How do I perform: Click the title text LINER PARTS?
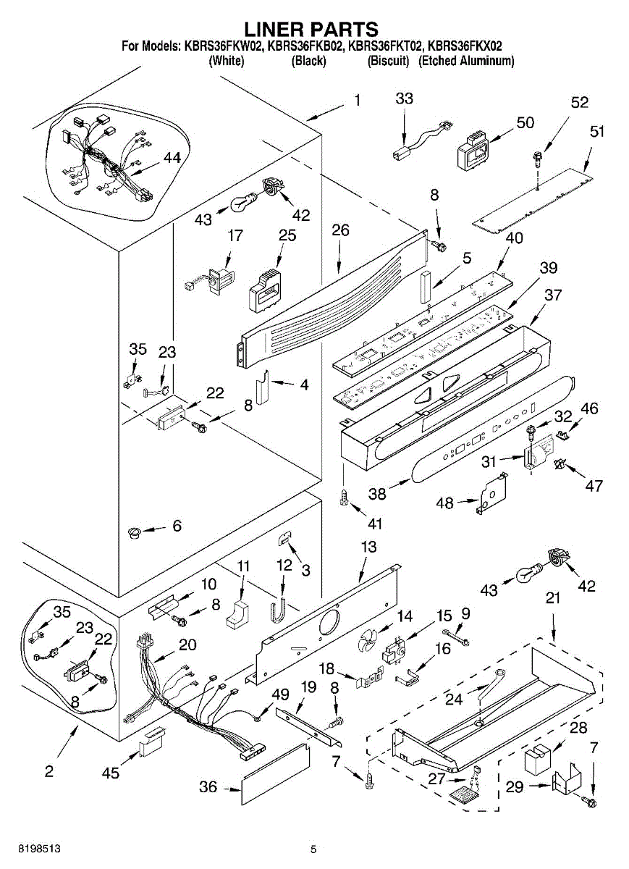tap(311, 29)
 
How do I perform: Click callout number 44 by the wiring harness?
tap(172, 157)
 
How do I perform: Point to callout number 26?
tap(340, 230)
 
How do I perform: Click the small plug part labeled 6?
tap(133, 533)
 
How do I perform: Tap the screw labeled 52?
tap(539, 156)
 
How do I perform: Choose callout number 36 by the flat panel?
tap(208, 786)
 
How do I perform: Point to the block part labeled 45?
tap(151, 743)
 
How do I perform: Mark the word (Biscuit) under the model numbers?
tap(389, 62)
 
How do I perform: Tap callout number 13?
tap(369, 547)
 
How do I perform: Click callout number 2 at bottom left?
tap(48, 771)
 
